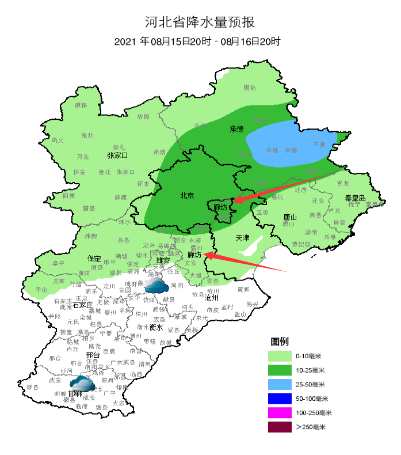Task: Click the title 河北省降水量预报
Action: [200, 22]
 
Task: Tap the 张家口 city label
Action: [117, 156]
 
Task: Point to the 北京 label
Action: [188, 195]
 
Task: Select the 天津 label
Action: [243, 237]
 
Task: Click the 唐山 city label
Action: [289, 218]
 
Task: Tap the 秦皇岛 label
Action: [355, 198]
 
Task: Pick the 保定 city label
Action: [94, 259]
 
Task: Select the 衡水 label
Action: [156, 327]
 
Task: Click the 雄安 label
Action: [163, 260]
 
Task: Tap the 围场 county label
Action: [250, 88]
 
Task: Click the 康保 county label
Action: [81, 105]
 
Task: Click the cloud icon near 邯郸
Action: [82, 384]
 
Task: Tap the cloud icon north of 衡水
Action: [156, 285]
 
